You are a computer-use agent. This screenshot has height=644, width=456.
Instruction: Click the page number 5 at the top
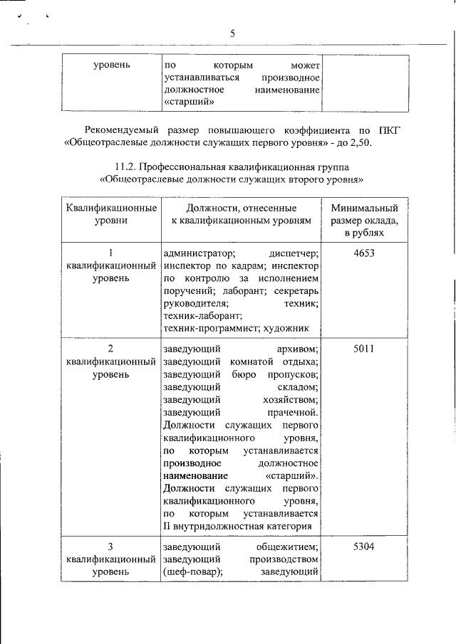click(232, 33)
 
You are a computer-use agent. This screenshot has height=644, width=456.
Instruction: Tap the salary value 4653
click(363, 253)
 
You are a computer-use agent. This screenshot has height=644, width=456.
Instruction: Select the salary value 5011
click(363, 349)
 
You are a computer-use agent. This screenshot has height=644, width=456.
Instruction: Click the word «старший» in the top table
click(189, 102)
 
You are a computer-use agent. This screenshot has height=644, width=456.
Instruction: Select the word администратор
click(199, 253)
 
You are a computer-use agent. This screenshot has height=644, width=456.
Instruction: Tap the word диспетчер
click(294, 253)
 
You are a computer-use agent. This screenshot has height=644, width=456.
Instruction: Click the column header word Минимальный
click(365, 208)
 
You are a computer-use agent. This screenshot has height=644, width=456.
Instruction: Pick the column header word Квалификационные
click(111, 208)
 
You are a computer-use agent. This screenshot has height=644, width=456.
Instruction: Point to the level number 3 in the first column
click(110, 547)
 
